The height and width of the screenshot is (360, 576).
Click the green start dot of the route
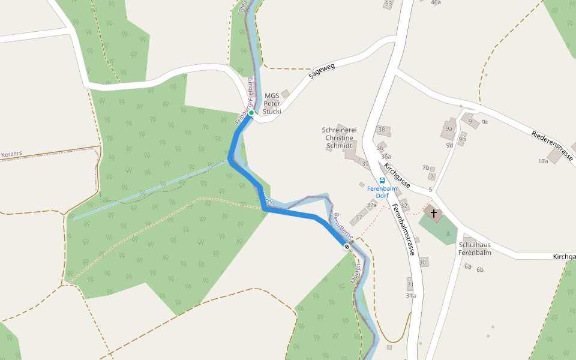(x=251, y=113)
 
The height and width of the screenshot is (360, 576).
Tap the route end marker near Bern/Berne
(x=347, y=247)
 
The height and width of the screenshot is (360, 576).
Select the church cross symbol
(x=433, y=213)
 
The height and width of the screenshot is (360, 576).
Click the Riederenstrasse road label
(x=552, y=146)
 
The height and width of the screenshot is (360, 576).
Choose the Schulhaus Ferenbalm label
(x=475, y=249)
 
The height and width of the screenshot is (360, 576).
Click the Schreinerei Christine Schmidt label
(x=340, y=137)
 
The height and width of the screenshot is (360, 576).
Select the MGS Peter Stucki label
(x=272, y=103)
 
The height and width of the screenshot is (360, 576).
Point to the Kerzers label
(x=12, y=154)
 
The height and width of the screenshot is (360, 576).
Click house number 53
(x=388, y=4)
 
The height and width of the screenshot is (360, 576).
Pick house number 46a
(x=436, y=2)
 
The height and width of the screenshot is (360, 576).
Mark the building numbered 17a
(x=543, y=161)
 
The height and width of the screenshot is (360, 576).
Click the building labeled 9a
(x=449, y=128)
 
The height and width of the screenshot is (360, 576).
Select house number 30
(x=423, y=262)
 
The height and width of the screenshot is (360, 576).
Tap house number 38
(x=382, y=130)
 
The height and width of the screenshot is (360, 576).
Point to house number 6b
(x=479, y=269)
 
